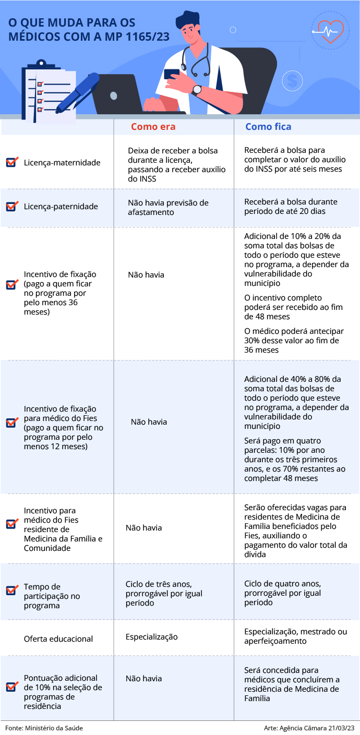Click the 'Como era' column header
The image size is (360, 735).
[153, 127]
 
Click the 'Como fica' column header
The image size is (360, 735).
[268, 127]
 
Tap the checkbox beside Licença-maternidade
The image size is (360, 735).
[12, 162]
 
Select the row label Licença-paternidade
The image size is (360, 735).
[61, 207]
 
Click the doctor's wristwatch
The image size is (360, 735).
[197, 90]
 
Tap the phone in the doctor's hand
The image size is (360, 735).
[172, 74]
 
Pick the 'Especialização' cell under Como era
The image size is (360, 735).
[151, 637]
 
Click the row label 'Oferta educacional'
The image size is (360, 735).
[58, 639]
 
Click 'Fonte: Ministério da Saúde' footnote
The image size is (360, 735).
[44, 728]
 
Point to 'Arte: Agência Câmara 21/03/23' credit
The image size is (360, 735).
[309, 728]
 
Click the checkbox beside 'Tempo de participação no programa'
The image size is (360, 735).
[12, 591]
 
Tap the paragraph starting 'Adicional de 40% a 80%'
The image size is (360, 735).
[296, 402]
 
